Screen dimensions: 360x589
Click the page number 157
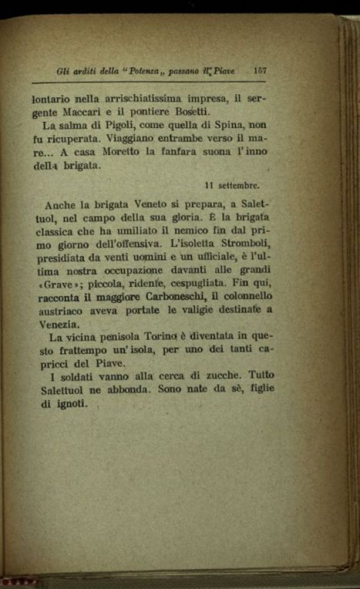coord(260,71)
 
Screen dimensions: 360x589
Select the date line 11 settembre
coord(232,185)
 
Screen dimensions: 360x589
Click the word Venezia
coord(59,324)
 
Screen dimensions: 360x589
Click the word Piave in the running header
coord(222,71)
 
